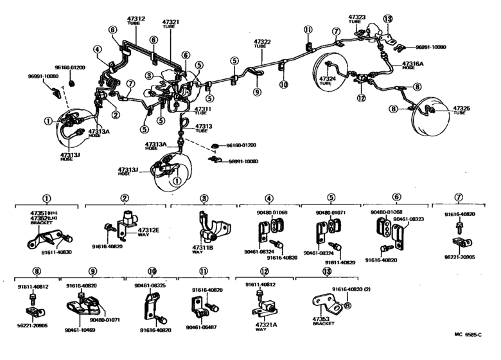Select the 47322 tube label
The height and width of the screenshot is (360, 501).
[x=262, y=42]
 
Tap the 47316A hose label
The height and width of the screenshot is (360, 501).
[x=413, y=66]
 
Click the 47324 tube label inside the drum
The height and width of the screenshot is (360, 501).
[x=326, y=80]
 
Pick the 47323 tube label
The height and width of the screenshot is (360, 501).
[x=357, y=17]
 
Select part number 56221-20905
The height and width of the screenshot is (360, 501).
[x=33, y=327]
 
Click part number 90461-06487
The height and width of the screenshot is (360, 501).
[x=200, y=327]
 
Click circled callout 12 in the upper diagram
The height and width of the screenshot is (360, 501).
[x=361, y=98]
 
